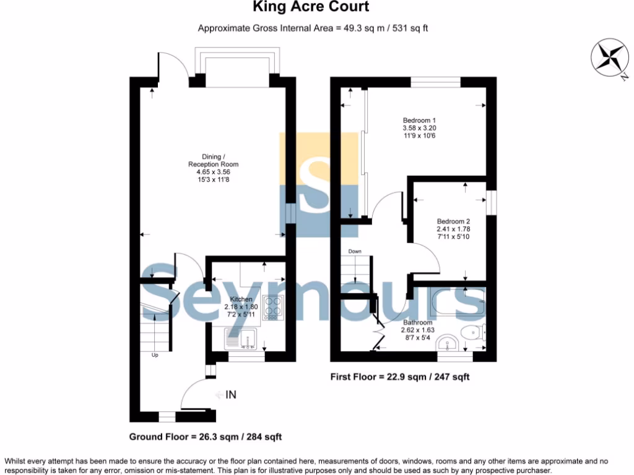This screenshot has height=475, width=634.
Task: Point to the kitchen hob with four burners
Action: click(x=272, y=307)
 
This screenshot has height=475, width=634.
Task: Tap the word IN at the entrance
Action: click(x=232, y=395)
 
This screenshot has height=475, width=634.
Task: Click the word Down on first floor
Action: click(x=355, y=251)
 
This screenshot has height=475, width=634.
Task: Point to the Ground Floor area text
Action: click(x=206, y=437)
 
